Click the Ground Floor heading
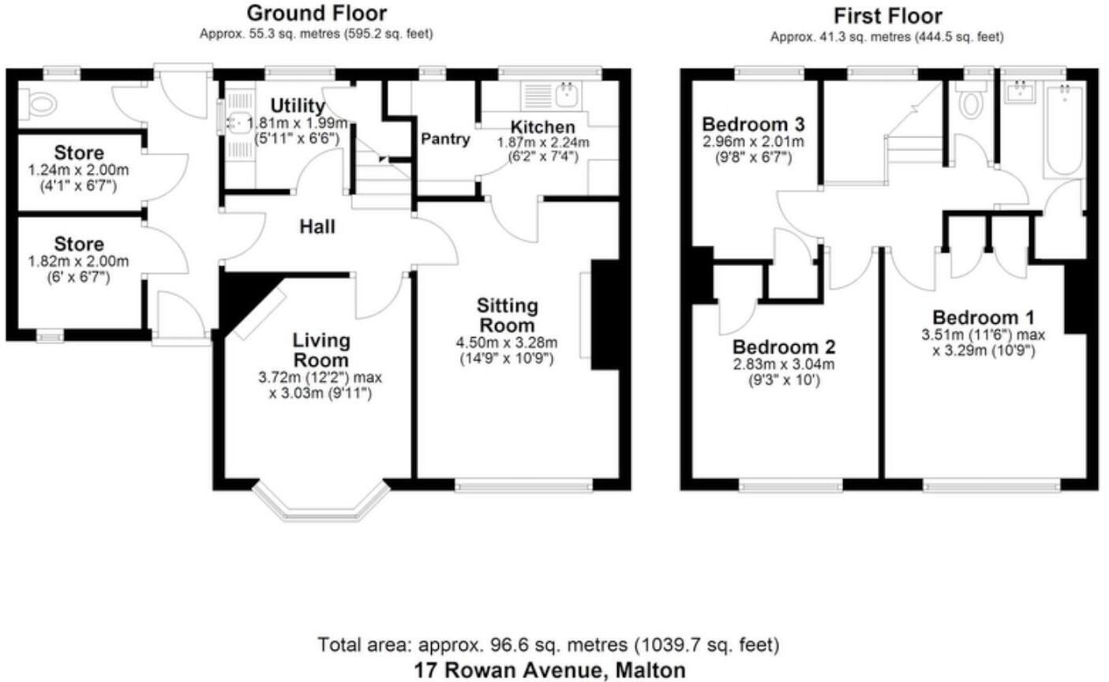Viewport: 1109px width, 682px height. [x=317, y=13]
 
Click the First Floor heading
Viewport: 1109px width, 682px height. [x=888, y=15]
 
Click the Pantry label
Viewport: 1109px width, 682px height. [x=445, y=139]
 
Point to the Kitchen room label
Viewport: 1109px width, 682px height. [x=542, y=127]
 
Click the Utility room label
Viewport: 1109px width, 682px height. [x=297, y=106]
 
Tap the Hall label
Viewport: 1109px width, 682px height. [x=317, y=227]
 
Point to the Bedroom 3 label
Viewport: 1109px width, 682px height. [x=753, y=125]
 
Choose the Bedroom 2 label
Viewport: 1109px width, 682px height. [x=784, y=347]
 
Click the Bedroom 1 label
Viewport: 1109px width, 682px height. [x=983, y=317]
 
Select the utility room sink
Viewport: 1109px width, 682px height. [x=237, y=123]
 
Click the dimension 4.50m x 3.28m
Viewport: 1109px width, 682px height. [x=507, y=343]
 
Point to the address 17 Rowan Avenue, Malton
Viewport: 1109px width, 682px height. [x=549, y=671]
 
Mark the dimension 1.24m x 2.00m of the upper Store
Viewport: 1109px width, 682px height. [x=79, y=170]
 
